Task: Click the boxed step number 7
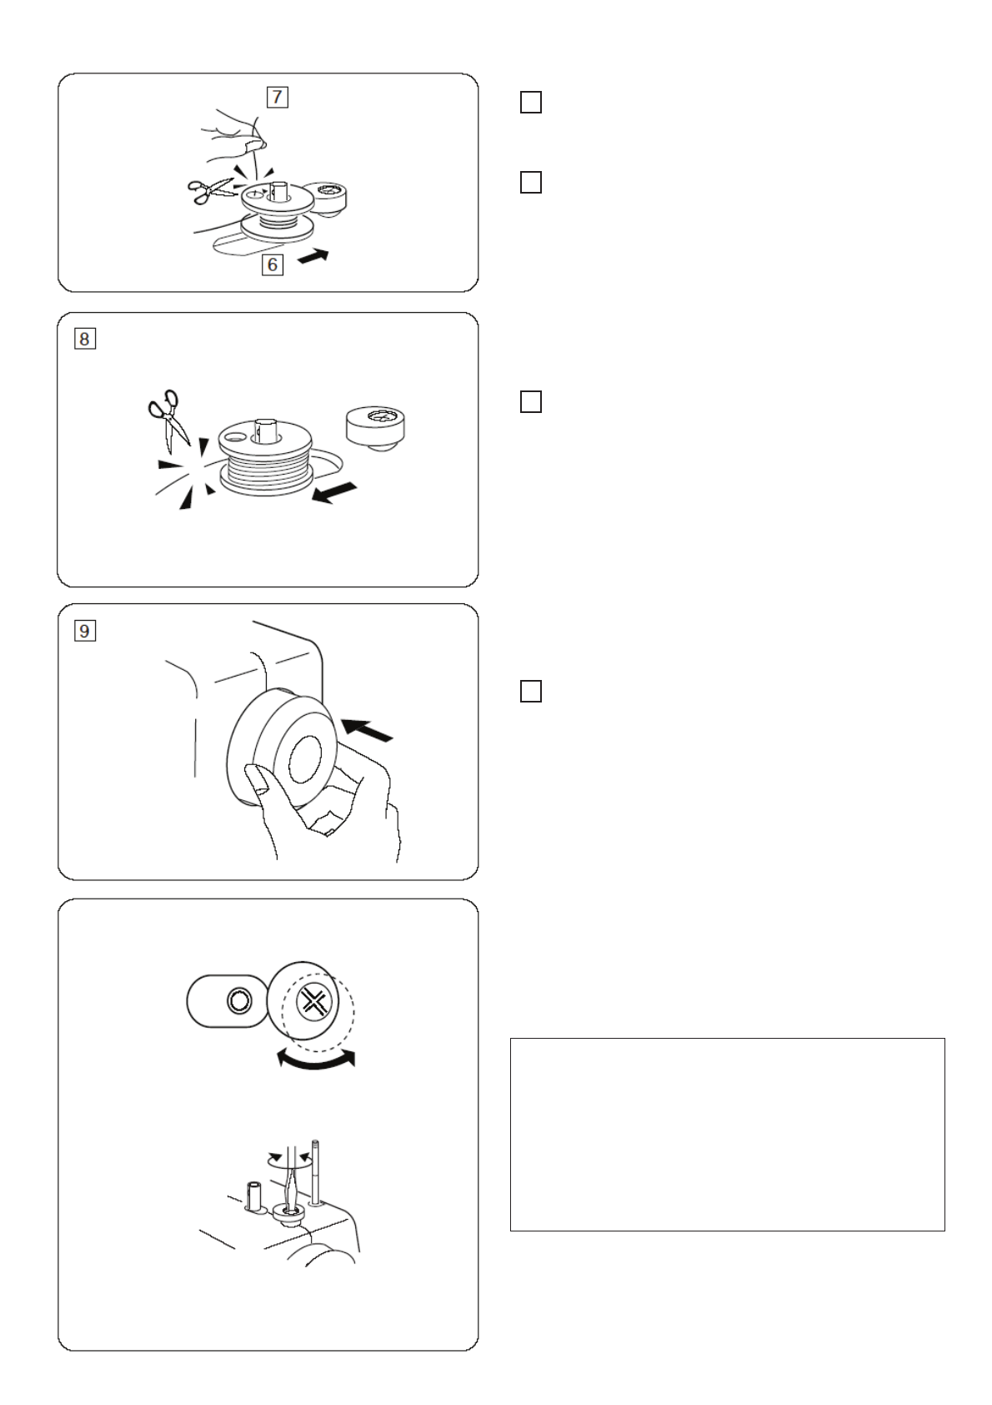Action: pos(277,98)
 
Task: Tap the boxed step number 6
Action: pos(272,264)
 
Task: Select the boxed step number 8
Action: pos(84,340)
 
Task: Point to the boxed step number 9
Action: pos(84,631)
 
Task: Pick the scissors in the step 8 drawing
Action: pos(168,420)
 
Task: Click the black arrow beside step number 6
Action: pos(313,256)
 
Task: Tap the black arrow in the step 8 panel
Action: pos(334,492)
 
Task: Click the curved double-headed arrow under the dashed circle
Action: pos(316,1060)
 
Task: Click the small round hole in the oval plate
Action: pos(238,1000)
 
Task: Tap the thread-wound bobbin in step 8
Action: pos(265,457)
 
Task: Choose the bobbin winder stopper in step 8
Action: pos(375,428)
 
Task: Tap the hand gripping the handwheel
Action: pos(323,809)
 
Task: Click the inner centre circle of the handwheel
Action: pos(305,759)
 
